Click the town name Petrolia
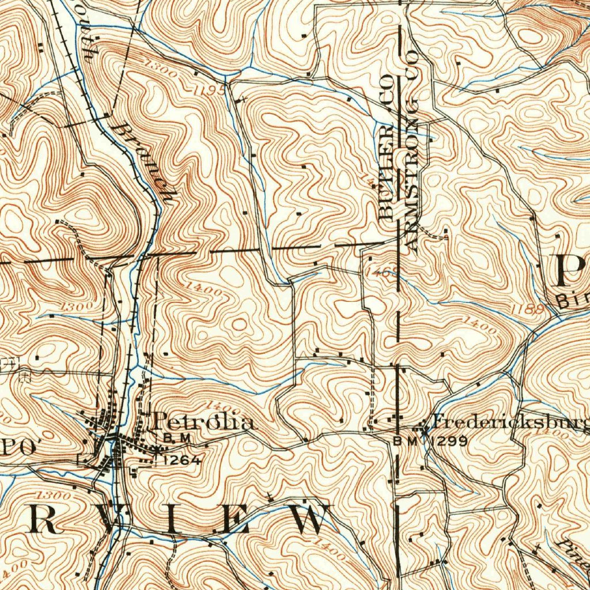click(202, 422)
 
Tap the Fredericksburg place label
click(510, 423)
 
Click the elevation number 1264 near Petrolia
click(182, 460)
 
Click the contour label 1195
click(209, 90)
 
